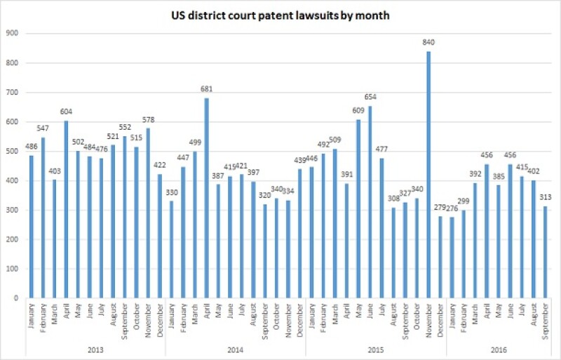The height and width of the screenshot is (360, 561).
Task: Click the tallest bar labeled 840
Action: tap(428, 175)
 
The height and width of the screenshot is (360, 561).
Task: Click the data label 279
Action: tap(439, 210)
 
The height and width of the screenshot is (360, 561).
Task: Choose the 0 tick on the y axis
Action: tap(15, 298)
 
